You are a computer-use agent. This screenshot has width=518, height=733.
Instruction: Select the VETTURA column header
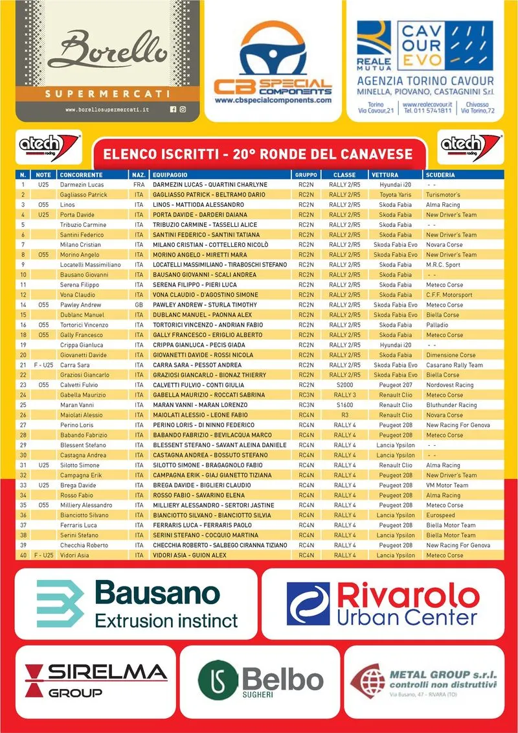(385, 175)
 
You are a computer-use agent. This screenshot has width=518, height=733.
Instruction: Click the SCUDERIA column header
(440, 175)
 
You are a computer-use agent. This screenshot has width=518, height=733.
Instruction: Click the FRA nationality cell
(138, 185)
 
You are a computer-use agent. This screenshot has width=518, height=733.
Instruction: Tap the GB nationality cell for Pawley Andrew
(138, 305)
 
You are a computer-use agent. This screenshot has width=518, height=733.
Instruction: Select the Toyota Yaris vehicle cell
(396, 194)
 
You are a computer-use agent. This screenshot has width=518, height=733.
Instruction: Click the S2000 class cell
(344, 385)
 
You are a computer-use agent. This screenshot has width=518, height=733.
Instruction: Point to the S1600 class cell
(344, 405)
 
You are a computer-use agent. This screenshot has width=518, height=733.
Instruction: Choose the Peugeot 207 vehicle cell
(396, 385)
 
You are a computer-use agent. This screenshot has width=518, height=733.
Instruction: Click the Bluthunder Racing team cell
(451, 405)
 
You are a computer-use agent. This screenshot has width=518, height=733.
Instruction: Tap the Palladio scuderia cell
(437, 325)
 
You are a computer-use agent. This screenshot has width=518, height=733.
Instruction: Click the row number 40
(23, 555)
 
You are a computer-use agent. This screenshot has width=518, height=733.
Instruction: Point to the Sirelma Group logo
(96, 680)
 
